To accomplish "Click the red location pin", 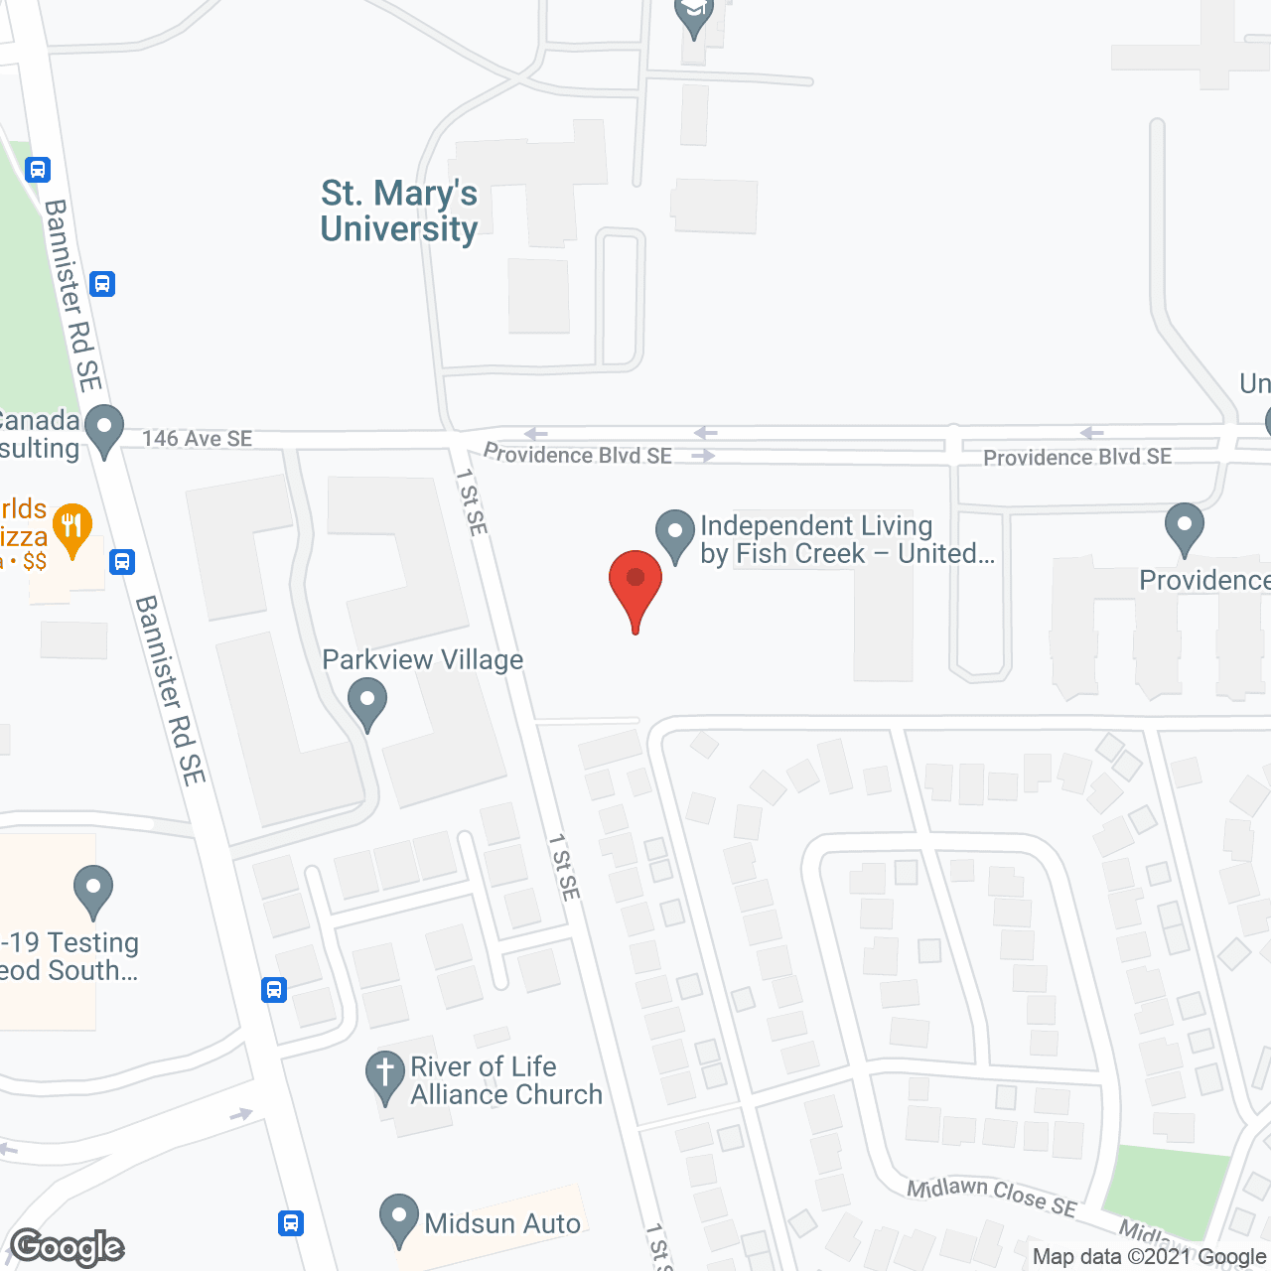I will pyautogui.click(x=635, y=586).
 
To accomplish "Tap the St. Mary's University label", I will pyautogui.click(x=399, y=211).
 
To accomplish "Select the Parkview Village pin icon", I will pyautogui.click(x=367, y=701).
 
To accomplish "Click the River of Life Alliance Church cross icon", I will pyautogui.click(x=384, y=1076).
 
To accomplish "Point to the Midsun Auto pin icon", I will pyautogui.click(x=399, y=1218).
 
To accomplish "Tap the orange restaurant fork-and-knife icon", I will pyautogui.click(x=71, y=525).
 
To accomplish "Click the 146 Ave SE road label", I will pyautogui.click(x=197, y=438).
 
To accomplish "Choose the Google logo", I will pyautogui.click(x=68, y=1247).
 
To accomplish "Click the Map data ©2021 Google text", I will pyautogui.click(x=1149, y=1257).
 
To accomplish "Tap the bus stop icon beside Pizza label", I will pyautogui.click(x=122, y=562).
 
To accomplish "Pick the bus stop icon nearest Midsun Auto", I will pyautogui.click(x=291, y=1222).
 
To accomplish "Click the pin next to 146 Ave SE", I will pyautogui.click(x=103, y=430).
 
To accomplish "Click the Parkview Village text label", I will pyautogui.click(x=423, y=660).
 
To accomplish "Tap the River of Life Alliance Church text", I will pyautogui.click(x=506, y=1080).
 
